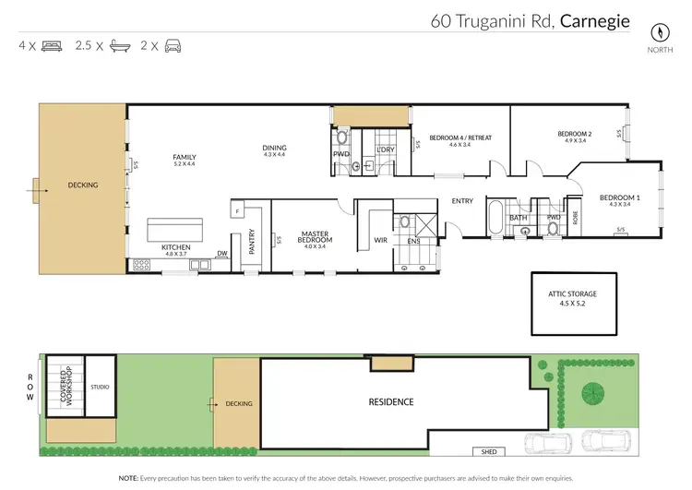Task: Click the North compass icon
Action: tap(657, 29)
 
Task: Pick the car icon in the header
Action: tap(173, 45)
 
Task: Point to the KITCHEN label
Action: tap(175, 248)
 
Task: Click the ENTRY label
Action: tap(461, 200)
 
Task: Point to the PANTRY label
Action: tap(252, 242)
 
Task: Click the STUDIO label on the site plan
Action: tap(100, 386)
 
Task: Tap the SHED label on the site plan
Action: tap(489, 452)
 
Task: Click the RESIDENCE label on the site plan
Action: tap(391, 402)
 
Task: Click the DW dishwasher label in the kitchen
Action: tap(221, 254)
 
